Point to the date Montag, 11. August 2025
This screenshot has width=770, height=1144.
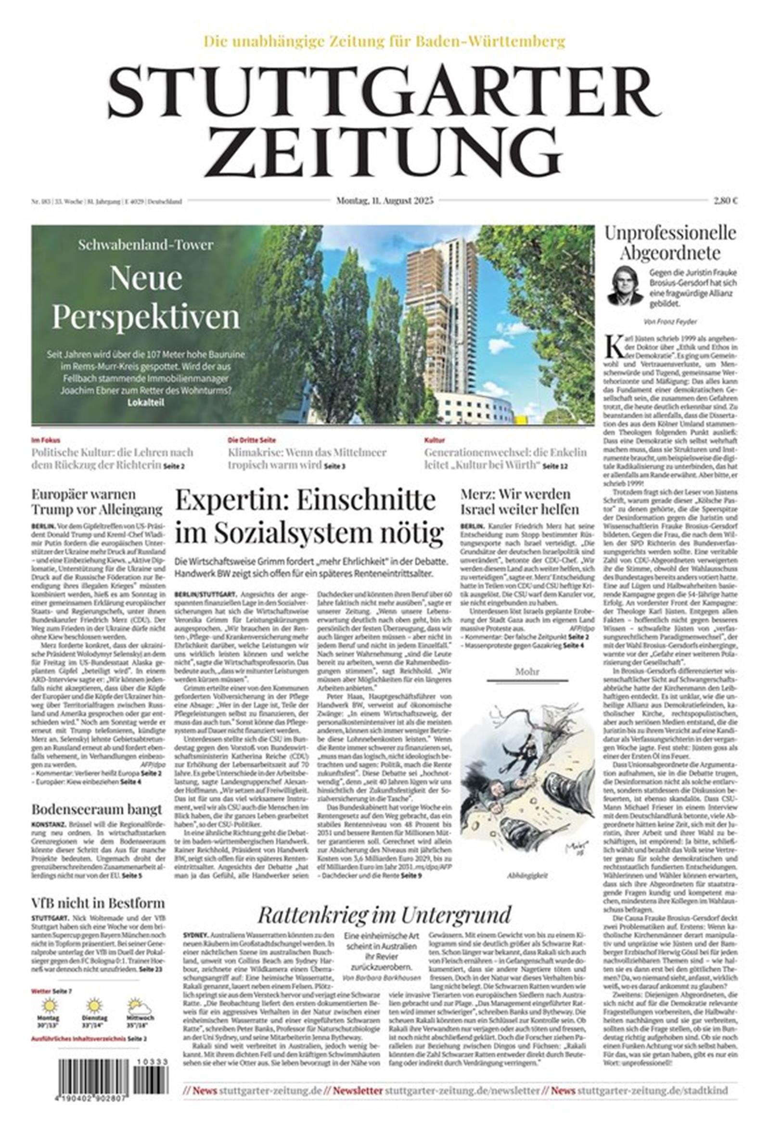coord(385,200)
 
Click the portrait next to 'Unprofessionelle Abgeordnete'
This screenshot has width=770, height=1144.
coord(625,286)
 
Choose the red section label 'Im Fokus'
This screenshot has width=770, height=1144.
coord(46,440)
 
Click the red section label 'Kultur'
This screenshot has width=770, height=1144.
coord(434,440)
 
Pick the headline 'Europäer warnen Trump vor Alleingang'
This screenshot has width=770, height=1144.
coord(97,501)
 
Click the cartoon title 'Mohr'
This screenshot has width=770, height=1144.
coord(527,672)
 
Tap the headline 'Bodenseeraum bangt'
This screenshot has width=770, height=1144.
coord(97,809)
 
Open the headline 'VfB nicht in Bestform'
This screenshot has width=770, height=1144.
coord(98,903)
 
